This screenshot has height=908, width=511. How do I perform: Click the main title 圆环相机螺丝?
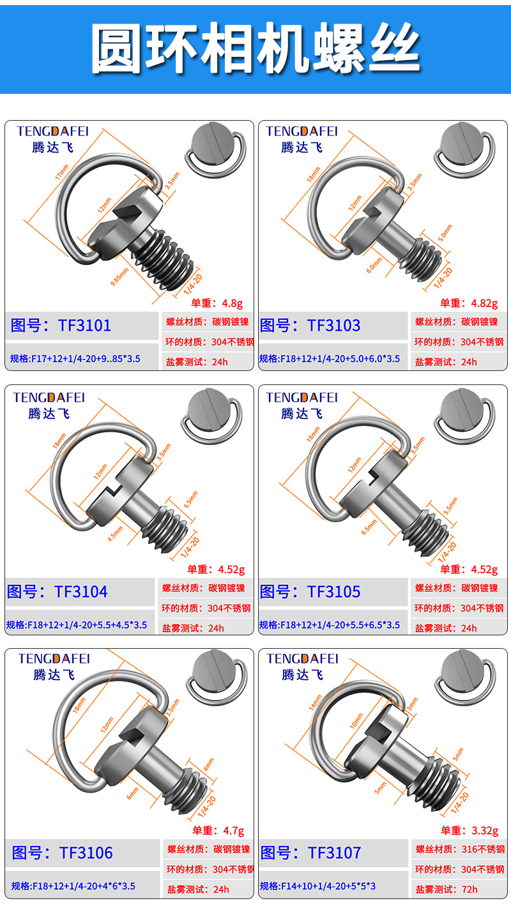pos(256,49)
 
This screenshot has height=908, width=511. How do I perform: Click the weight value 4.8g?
pos(231,303)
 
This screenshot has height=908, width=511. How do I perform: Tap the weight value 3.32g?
pos(484,830)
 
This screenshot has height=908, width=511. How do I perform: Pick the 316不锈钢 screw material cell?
pos(483,849)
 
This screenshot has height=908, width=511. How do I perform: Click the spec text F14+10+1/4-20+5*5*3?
pos(317,886)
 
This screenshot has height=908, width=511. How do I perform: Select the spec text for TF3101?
pos(75,359)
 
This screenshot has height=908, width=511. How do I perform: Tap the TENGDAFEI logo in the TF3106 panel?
pos(54,658)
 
